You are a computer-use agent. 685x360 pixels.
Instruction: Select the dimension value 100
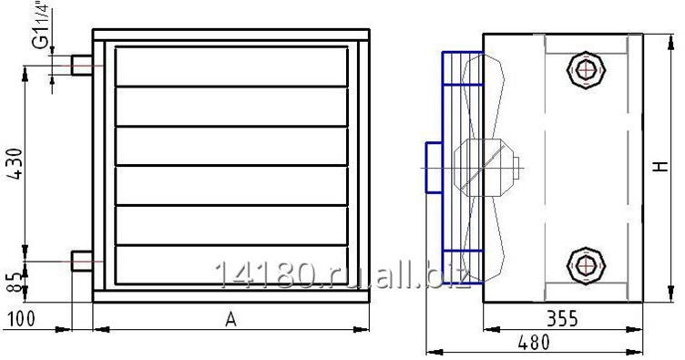click(21, 318)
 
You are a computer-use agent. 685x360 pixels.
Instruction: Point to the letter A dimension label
click(230, 320)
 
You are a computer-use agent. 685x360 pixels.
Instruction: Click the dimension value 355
click(562, 318)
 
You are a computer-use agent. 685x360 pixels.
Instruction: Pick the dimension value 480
click(534, 342)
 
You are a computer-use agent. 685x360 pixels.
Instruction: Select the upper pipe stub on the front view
click(82, 66)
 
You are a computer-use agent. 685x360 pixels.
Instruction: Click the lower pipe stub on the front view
click(82, 261)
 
